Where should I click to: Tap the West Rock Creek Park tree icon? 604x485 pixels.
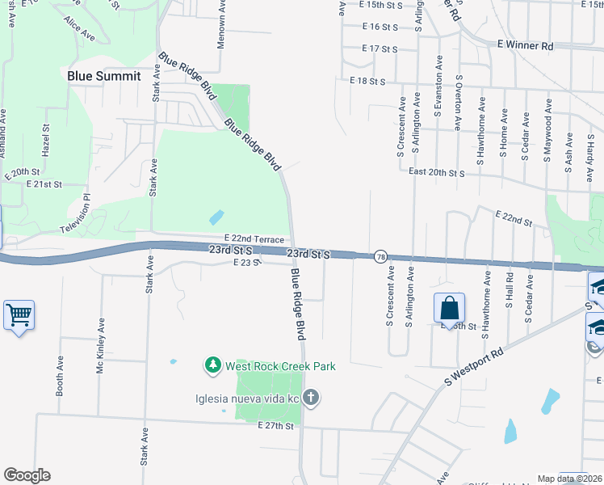tap(213, 366)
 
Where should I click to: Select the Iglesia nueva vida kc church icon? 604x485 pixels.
tap(312, 398)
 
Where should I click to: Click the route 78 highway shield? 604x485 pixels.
tap(380, 257)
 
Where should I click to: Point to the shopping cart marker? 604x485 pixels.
tap(19, 314)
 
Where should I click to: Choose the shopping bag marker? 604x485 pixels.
tap(449, 308)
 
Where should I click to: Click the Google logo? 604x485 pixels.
tap(27, 475)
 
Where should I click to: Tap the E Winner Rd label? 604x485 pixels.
tap(525, 46)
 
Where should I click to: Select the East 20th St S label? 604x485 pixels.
tap(437, 173)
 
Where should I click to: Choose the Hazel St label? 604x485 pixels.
tap(47, 145)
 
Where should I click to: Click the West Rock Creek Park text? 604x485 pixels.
tap(280, 366)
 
